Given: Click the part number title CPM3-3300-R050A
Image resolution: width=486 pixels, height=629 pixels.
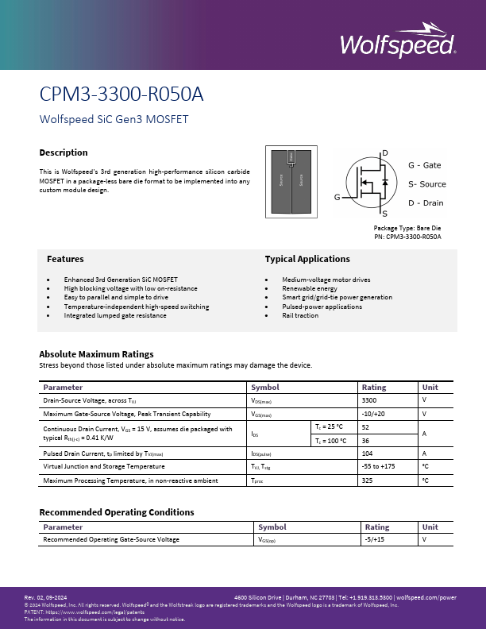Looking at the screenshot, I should point(121,95).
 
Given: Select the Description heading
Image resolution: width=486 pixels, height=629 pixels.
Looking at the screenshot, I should point(64,152).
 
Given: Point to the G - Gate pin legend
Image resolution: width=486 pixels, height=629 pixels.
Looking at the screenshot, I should point(424,165).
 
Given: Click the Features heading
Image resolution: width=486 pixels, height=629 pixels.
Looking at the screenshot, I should point(65,259).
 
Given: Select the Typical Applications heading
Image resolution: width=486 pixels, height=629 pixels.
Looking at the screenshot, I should point(307,259).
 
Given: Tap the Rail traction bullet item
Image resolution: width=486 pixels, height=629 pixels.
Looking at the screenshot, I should point(300,315).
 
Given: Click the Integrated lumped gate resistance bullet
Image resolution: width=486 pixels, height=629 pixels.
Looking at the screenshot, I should point(115,315).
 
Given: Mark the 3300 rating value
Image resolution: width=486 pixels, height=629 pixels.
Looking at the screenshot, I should point(368,401).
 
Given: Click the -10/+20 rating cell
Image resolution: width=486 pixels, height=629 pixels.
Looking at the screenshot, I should point(372,414).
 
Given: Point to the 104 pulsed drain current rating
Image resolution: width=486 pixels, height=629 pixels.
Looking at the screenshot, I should point(367,453).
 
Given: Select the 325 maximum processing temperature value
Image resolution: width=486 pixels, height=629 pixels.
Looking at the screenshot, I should point(367,480).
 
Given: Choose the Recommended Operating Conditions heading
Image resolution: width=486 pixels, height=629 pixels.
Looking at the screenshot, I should point(116,512).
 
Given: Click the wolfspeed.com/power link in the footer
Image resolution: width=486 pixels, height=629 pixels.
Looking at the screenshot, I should point(426,596).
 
